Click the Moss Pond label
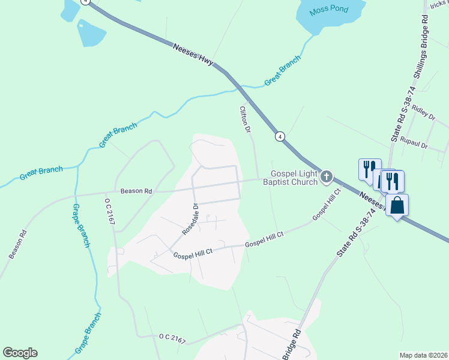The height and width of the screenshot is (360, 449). tap(328, 11)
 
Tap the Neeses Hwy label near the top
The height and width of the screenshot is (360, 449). tap(193, 55)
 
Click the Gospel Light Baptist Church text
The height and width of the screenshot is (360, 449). tap(290, 178)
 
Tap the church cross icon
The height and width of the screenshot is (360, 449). tap(326, 176)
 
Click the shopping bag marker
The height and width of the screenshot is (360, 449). tap(397, 206)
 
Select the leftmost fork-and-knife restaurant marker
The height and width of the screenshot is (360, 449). tap(368, 169)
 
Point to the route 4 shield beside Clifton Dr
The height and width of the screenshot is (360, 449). tap(280, 137)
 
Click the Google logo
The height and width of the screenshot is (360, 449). tap(20, 353)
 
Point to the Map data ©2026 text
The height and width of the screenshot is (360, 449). tap(423, 355)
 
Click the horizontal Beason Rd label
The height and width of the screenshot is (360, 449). tap(136, 191)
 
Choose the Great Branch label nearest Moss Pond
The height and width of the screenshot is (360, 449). tap(282, 74)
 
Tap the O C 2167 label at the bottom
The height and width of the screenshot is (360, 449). tap(172, 339)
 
